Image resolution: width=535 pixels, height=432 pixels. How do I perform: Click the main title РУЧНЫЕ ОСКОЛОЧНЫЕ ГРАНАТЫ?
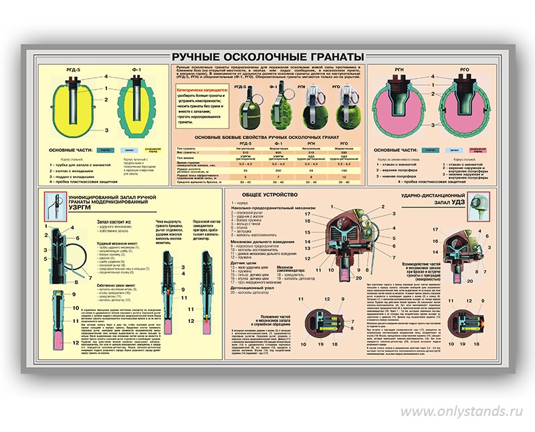pos(267,56)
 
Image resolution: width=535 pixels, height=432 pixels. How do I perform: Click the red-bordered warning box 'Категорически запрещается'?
pos(200,105)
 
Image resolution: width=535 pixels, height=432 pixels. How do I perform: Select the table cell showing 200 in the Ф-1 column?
pos(274,172)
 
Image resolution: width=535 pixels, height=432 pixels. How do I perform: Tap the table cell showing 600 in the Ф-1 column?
pos(274,153)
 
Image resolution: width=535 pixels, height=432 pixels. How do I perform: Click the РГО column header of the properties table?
pos(344,142)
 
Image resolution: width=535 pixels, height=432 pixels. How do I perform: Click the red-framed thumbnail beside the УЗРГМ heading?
pos(51,206)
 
